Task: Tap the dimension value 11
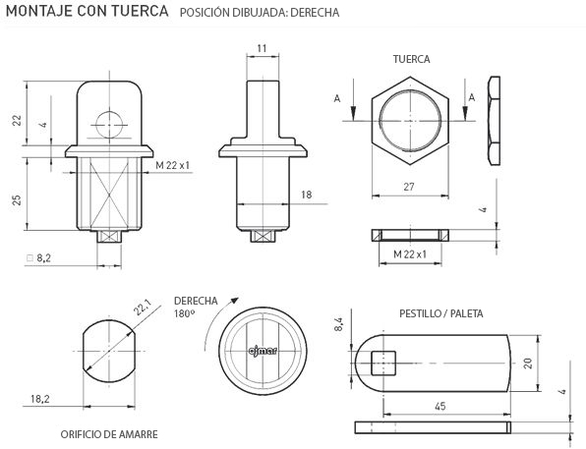[262, 47]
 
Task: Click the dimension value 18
[306, 196]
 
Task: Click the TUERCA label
[411, 59]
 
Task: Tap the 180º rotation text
[184, 313]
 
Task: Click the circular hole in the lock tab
[110, 124]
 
